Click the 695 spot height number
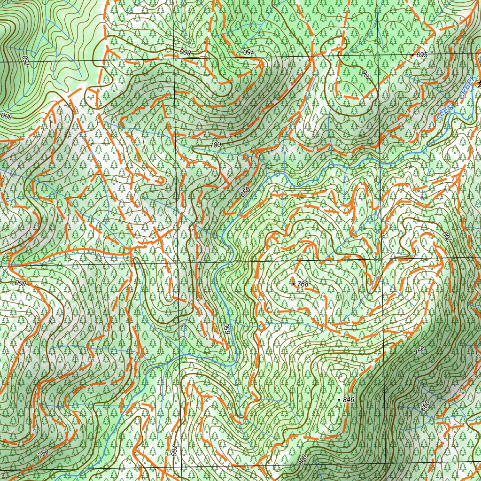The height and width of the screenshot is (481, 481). (422, 55)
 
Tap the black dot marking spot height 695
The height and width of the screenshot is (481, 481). (412, 55)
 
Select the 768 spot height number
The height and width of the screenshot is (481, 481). (303, 284)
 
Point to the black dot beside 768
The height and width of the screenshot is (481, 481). (294, 284)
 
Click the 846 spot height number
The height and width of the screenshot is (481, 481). (348, 399)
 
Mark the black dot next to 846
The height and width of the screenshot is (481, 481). (339, 399)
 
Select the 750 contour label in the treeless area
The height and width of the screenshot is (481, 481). (25, 61)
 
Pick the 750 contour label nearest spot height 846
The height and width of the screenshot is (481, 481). (419, 350)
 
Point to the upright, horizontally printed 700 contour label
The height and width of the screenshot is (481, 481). (215, 145)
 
